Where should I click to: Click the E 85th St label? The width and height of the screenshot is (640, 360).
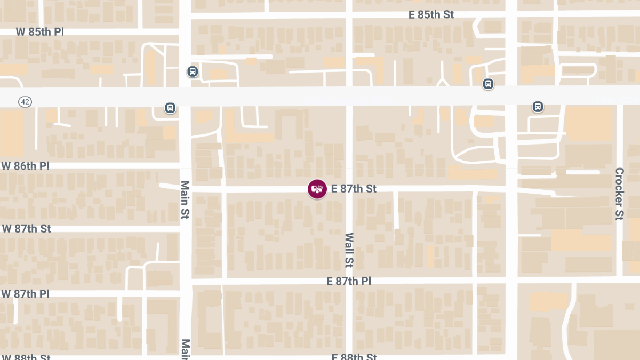(x=431, y=15)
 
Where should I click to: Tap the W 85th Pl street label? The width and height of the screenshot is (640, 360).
(x=40, y=32)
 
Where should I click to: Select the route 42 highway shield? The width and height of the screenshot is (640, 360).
(x=25, y=101)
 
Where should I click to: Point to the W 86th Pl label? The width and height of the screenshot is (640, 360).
(x=26, y=166)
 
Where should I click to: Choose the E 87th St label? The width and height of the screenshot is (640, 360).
(x=354, y=189)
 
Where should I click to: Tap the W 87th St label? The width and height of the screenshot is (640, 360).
(x=27, y=229)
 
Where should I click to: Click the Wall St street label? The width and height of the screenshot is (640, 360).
(x=349, y=250)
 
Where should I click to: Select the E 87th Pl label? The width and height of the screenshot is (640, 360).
(x=349, y=281)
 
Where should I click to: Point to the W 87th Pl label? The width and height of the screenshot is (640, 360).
(x=26, y=294)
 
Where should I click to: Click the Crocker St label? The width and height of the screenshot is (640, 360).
(x=619, y=194)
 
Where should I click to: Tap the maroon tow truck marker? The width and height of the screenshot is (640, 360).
(x=317, y=189)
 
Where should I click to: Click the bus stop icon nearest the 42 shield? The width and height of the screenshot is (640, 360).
(x=170, y=108)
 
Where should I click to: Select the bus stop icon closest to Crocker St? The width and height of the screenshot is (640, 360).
(x=538, y=107)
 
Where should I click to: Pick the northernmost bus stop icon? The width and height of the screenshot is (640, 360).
(x=193, y=71)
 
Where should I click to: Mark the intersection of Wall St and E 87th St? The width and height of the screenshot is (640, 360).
(x=349, y=189)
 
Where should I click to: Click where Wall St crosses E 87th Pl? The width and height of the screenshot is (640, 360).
(x=349, y=280)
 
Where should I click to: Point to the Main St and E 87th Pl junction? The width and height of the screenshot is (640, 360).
(x=185, y=281)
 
